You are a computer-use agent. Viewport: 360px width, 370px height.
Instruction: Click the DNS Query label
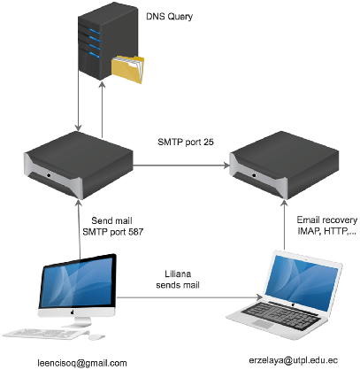169,17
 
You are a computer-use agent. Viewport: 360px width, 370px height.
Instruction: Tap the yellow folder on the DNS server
127,69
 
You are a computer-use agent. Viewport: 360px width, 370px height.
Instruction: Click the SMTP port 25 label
186,142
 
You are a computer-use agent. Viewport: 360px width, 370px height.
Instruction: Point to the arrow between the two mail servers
181,166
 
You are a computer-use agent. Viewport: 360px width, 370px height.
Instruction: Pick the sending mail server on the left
79,166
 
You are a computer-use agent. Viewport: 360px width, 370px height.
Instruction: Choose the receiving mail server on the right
284,166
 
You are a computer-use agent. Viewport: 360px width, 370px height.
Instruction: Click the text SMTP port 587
113,232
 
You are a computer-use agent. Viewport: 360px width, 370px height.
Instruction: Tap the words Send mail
111,220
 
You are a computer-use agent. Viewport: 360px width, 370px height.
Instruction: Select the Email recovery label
327,220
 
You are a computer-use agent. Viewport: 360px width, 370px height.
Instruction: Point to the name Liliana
178,274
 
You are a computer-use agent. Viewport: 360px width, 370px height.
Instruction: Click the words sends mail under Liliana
178,285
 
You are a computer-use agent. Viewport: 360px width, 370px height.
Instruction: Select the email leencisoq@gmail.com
82,363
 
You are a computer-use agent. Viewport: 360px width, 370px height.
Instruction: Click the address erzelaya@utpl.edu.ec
293,360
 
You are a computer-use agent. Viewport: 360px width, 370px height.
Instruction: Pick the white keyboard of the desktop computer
44,334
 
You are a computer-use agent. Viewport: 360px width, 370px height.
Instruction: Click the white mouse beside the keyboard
96,336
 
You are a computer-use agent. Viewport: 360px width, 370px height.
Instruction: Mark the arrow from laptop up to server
284,225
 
